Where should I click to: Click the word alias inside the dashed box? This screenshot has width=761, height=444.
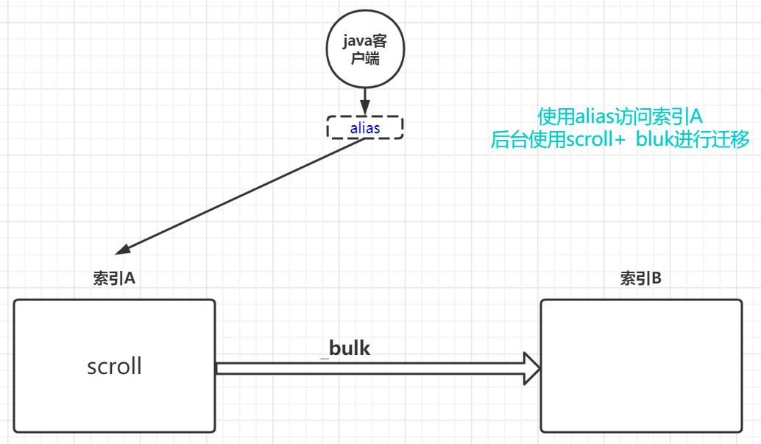coord(365,128)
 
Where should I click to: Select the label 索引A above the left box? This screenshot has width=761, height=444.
coord(114,279)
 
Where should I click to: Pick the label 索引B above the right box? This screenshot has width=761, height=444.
coord(640,279)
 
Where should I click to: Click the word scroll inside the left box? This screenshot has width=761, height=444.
coord(114,366)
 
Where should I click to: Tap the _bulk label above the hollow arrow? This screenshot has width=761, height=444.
coord(345,348)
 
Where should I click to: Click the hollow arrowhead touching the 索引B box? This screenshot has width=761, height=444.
coord(531,368)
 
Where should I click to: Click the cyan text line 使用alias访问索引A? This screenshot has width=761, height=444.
coord(620,116)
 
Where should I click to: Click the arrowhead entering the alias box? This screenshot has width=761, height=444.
coord(364,110)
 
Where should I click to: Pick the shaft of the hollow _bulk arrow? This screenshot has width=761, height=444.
coord(368,368)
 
